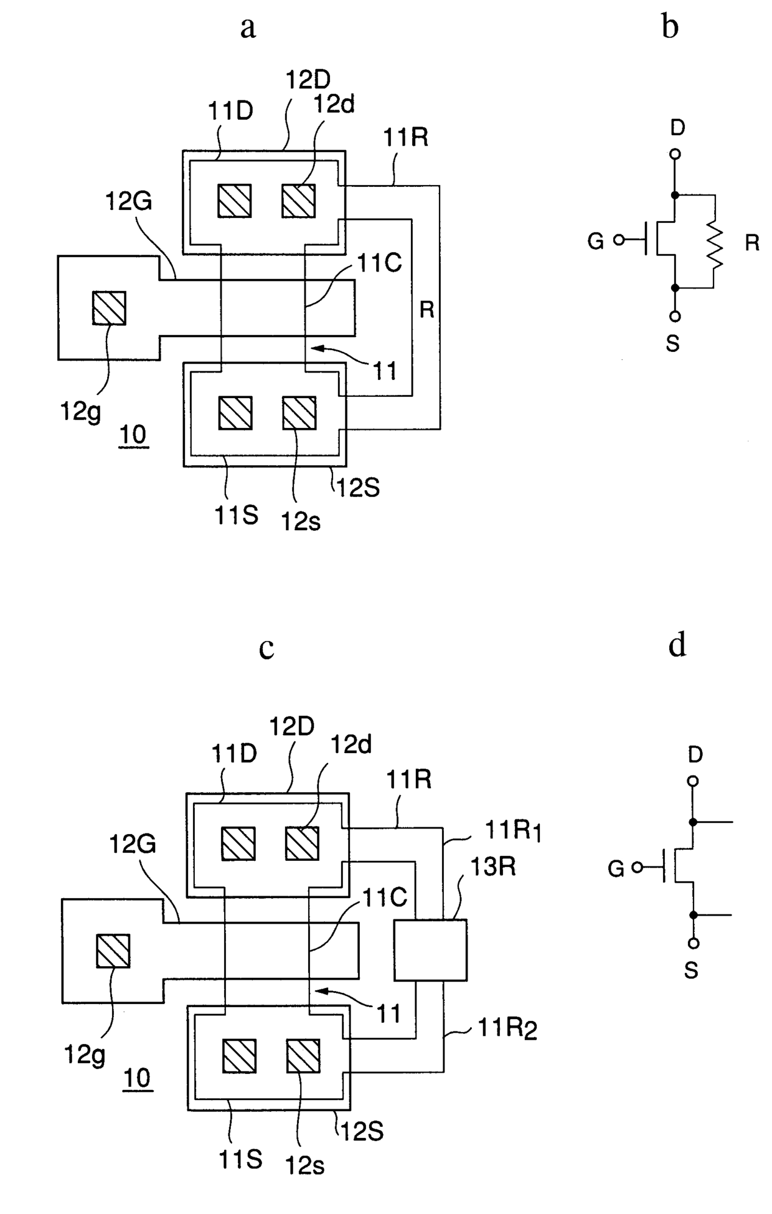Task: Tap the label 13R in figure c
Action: tap(493, 866)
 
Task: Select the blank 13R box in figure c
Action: tap(430, 951)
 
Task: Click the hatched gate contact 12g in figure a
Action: tap(109, 308)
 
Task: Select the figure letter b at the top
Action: tap(670, 27)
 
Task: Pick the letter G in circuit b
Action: tap(596, 241)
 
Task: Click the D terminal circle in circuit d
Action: tap(693, 781)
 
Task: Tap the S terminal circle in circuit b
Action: tap(675, 316)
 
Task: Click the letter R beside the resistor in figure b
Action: tap(752, 243)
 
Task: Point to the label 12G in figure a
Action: tap(129, 201)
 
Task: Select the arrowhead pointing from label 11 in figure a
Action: tap(316, 349)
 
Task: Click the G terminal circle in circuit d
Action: tap(637, 867)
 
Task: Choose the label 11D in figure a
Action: tap(230, 111)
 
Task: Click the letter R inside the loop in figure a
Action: tap(426, 310)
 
